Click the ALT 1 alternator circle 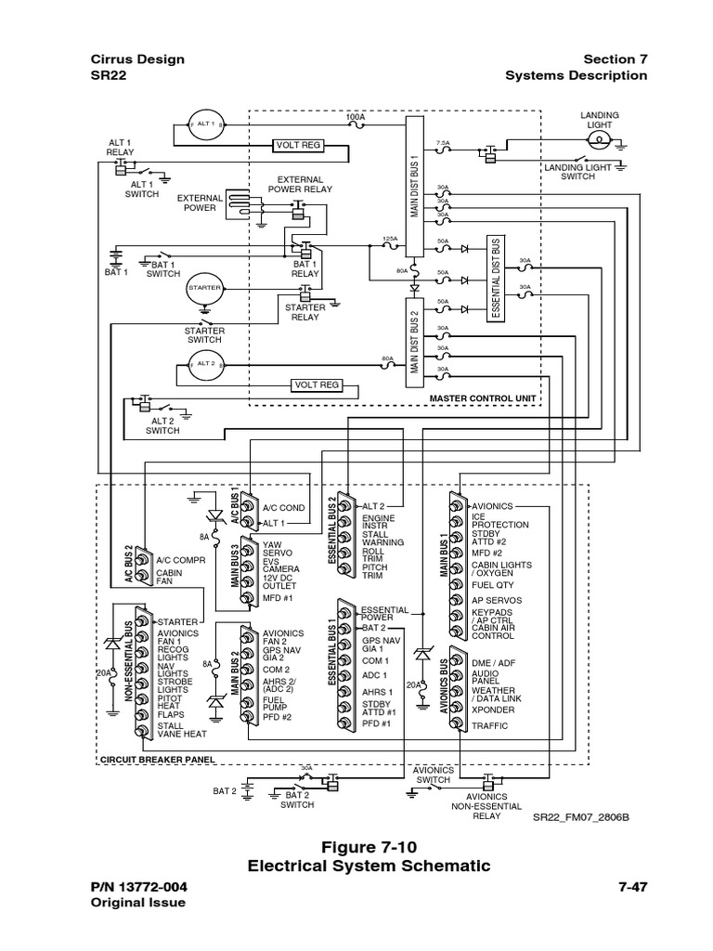click(205, 124)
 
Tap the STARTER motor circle click(204, 288)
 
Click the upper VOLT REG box click(297, 145)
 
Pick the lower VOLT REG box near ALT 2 click(318, 384)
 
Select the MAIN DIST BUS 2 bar click(415, 338)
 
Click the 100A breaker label click(355, 118)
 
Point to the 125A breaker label click(390, 239)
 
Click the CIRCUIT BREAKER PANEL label click(157, 759)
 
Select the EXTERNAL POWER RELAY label click(300, 184)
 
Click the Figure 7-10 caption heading click(369, 846)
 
